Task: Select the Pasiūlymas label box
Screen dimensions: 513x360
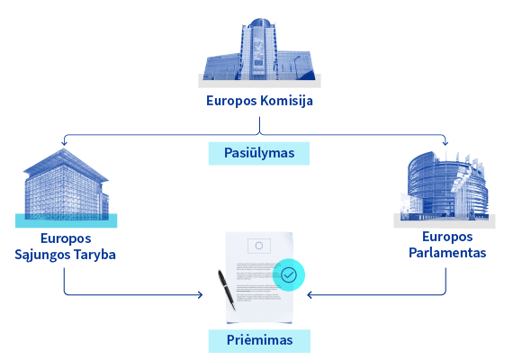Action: [x=259, y=153]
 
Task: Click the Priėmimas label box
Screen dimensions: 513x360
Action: [x=259, y=341]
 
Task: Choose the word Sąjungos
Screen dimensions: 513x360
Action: [x=42, y=255]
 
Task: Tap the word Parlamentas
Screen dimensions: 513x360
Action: [x=447, y=253]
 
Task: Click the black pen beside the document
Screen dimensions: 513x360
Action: [x=227, y=290]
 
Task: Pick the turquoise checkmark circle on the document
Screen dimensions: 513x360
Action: [x=289, y=274]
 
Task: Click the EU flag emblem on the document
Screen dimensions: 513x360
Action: [x=259, y=246]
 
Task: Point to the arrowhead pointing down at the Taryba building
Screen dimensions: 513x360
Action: [x=64, y=143]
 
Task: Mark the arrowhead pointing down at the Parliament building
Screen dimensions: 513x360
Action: [x=445, y=143]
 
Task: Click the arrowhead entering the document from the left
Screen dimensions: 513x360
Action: [x=200, y=295]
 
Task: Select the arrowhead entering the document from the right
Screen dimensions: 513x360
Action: [x=310, y=295]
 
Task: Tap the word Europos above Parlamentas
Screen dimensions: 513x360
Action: [x=447, y=237]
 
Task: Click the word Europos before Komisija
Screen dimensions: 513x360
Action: [x=231, y=101]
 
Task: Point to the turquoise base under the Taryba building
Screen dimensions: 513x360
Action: [x=66, y=220]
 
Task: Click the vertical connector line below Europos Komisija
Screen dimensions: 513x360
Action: [x=259, y=125]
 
